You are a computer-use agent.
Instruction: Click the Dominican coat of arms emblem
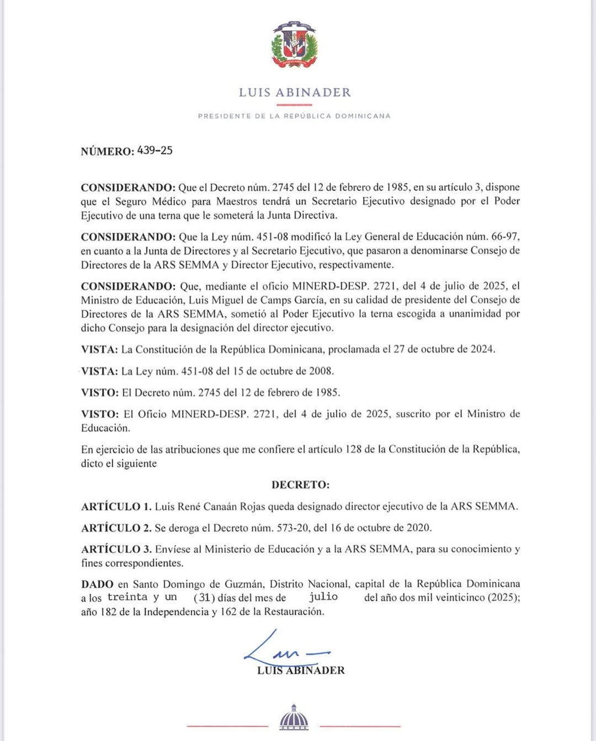[295, 45]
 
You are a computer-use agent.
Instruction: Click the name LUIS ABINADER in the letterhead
[295, 93]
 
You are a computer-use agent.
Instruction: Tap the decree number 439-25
[155, 151]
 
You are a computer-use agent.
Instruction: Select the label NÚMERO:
[107, 152]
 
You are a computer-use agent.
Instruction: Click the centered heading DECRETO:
[300, 485]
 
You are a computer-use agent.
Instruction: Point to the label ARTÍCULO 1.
[116, 507]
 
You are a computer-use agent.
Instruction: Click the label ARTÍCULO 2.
[116, 528]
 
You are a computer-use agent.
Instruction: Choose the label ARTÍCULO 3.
[116, 549]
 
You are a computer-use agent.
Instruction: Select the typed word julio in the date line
[323, 597]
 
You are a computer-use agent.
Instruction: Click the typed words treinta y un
[142, 597]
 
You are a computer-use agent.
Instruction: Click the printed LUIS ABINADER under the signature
[301, 670]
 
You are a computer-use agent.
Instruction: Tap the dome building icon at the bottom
[294, 718]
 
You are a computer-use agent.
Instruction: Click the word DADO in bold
[97, 584]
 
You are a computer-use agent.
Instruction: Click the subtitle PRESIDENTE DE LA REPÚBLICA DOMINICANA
[294, 116]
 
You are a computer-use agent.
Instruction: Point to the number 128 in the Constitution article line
[353, 449]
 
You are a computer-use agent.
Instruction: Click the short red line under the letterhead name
[294, 105]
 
